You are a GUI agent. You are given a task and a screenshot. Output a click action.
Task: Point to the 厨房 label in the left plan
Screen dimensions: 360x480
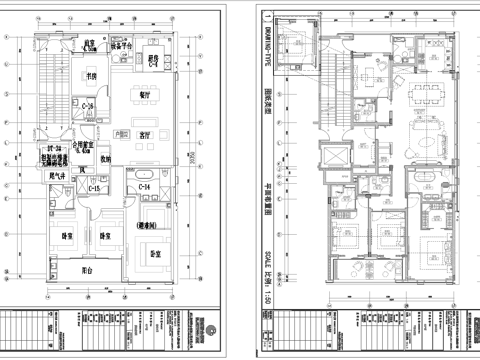pos(154,57)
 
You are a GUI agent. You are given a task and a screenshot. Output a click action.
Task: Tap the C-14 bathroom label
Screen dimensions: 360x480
pos(142,187)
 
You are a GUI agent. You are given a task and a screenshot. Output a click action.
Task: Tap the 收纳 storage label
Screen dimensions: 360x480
pos(105,157)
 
